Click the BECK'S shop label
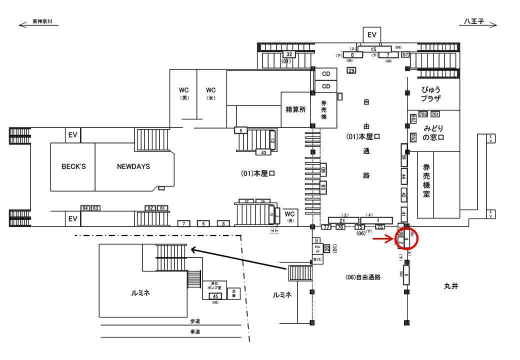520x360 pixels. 73,166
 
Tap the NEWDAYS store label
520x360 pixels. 133,166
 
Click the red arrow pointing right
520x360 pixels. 383,239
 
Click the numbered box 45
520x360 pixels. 215,296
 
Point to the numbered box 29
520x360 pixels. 351,70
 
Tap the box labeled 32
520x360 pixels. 288,54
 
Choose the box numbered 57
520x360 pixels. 405,55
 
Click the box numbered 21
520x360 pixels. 343,220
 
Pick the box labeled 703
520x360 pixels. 423,114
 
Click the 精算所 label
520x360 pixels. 295,109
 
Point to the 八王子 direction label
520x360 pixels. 473,22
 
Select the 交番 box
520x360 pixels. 233,294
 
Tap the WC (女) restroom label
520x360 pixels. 211,93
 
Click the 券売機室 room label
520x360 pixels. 426,181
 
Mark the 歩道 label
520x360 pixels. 195,321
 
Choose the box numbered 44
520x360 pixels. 403,176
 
